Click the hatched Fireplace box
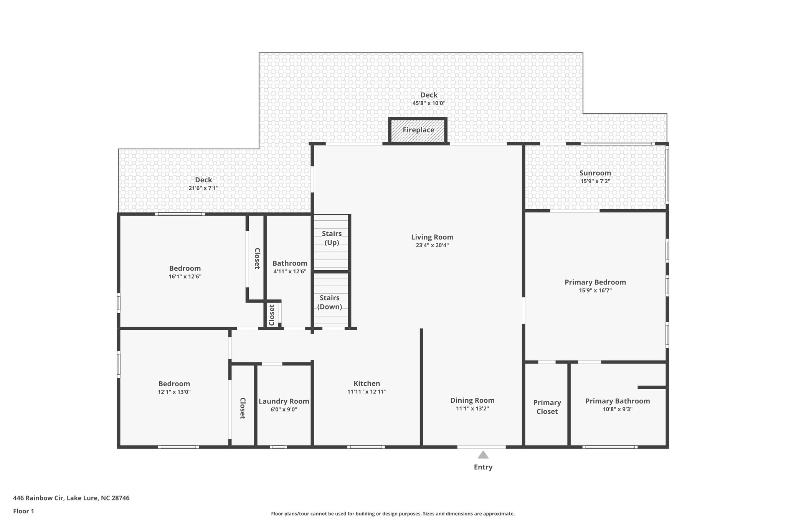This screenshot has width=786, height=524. click(418, 130)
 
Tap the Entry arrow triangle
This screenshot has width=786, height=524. click(483, 455)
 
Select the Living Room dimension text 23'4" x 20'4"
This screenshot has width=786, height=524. click(432, 246)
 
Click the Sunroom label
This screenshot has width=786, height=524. click(595, 173)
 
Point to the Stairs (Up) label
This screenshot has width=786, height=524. click(332, 238)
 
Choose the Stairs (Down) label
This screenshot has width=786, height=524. click(330, 302)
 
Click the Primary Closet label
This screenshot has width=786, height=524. click(547, 407)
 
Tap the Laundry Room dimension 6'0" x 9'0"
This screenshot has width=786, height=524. click(284, 410)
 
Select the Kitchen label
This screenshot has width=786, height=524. click(367, 383)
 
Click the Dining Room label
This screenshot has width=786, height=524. click(472, 400)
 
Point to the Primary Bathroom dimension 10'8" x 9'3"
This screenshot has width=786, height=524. click(618, 410)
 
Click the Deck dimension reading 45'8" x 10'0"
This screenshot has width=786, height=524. click(429, 103)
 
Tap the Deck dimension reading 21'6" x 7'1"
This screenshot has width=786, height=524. click(203, 188)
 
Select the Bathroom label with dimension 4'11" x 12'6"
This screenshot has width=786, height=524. click(290, 263)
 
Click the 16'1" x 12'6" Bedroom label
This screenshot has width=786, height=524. click(185, 268)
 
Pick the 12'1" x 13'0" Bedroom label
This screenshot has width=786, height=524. click(174, 384)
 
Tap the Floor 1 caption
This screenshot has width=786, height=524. click(23, 511)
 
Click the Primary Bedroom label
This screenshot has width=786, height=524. click(595, 282)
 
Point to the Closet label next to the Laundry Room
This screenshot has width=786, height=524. click(243, 408)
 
